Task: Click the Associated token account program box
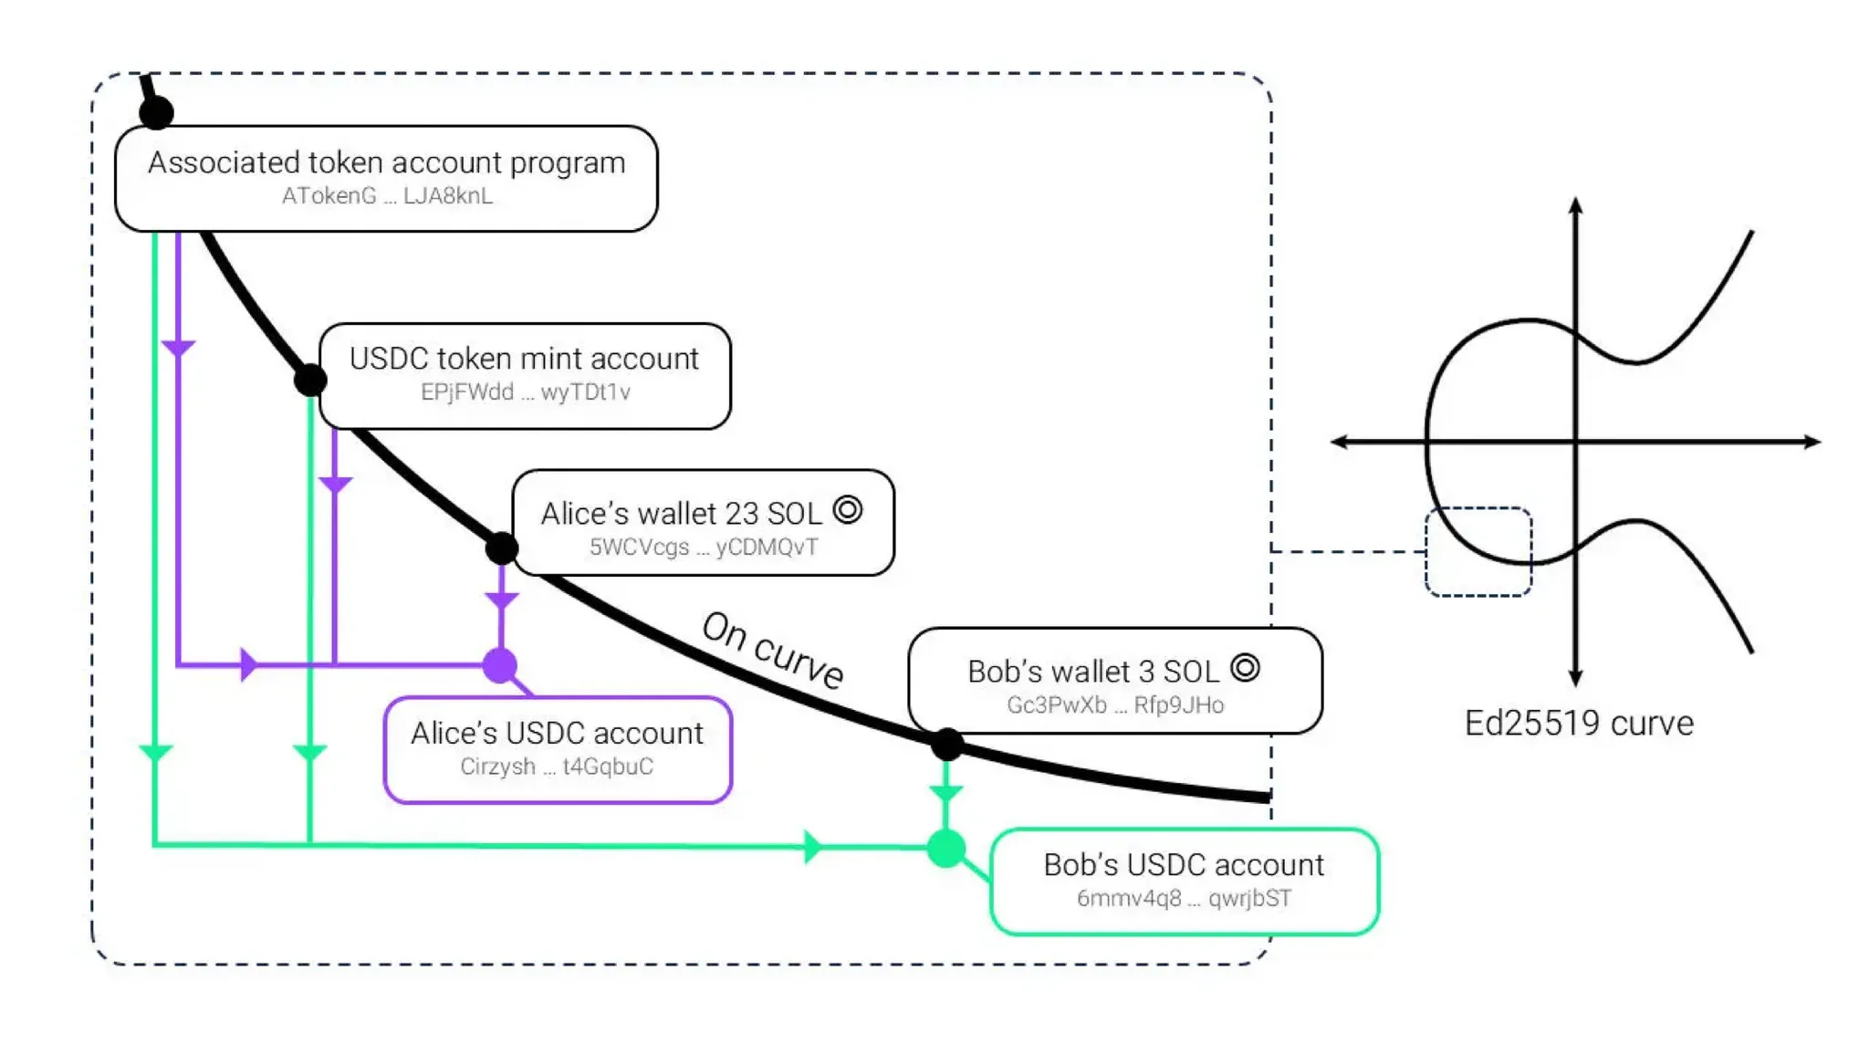386,178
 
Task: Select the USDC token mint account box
525,375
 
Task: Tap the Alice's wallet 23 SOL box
703,522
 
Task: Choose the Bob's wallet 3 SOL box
1114,680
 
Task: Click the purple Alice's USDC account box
558,749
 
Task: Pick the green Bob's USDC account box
1184,881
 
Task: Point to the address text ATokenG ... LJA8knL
387,196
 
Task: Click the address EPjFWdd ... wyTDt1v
525,392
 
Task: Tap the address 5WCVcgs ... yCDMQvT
703,548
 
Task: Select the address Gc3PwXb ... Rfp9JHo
1114,705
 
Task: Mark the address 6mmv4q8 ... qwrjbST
1184,899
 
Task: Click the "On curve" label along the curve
772,650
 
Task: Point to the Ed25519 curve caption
1578,724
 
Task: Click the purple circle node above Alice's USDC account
500,665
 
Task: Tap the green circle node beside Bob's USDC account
946,849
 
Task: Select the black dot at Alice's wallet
501,548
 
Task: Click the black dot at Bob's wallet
947,745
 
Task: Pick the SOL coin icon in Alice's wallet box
848,509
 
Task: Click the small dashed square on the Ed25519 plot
1477,552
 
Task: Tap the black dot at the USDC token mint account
311,379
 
